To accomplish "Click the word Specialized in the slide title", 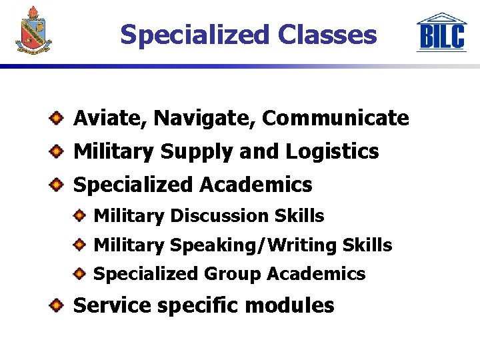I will click(193, 35).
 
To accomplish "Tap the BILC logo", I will click(441, 33).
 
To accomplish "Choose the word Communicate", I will click(335, 119).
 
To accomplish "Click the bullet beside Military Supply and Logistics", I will click(58, 151).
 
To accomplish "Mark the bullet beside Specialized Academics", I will click(58, 183).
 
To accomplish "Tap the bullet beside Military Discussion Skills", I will click(79, 215).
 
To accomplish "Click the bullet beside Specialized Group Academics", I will click(79, 273).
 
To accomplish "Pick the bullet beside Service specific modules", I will click(58, 305).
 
